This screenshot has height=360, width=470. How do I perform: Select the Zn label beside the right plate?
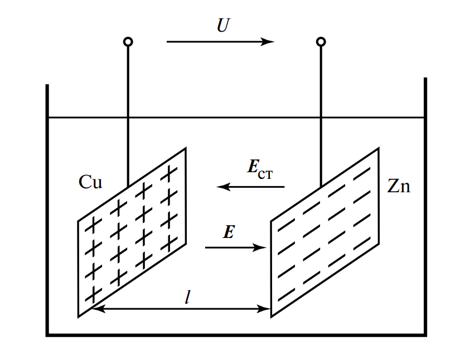(x=399, y=186)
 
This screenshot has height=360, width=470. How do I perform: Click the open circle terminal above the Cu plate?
(x=128, y=42)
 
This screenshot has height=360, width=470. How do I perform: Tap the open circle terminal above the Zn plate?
(x=321, y=42)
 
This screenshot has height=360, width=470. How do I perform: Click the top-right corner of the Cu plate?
(x=185, y=149)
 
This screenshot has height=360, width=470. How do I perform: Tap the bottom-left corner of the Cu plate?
(x=78, y=317)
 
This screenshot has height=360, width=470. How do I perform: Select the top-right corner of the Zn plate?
(x=379, y=148)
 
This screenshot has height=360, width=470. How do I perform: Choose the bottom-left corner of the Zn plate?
(x=272, y=317)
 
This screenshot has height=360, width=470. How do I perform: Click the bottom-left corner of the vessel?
(x=47, y=335)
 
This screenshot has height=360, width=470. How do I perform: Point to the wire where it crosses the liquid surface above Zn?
(x=321, y=118)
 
